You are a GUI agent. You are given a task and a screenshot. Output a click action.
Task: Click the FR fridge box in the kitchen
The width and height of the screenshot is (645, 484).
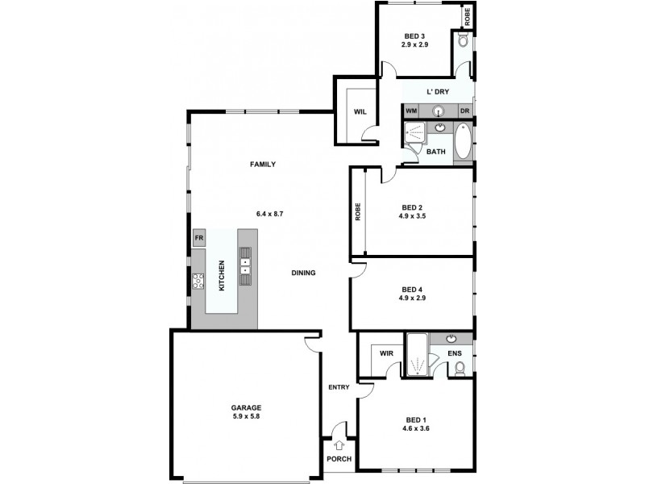click(x=198, y=239)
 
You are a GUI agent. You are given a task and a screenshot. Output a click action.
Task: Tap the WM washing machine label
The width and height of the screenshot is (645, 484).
click(x=411, y=111)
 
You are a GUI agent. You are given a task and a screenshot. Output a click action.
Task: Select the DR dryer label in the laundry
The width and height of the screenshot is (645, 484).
click(x=464, y=111)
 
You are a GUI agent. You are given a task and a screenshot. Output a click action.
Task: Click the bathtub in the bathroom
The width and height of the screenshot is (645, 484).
click(x=463, y=143)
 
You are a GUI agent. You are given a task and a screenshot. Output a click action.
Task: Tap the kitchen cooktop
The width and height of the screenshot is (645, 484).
click(x=198, y=281)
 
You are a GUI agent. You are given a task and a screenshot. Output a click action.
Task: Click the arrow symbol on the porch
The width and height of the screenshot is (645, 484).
click(x=339, y=444)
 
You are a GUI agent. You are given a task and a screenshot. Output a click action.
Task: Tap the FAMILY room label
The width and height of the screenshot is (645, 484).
click(x=263, y=165)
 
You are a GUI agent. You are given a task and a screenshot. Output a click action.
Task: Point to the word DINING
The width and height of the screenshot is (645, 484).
click(x=303, y=273)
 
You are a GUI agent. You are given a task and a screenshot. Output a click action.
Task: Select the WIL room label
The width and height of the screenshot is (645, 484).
click(x=360, y=112)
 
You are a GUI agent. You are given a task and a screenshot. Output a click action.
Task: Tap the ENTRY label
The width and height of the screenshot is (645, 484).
click(x=339, y=388)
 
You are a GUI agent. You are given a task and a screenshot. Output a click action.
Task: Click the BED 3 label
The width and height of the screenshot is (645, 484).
click(x=414, y=36)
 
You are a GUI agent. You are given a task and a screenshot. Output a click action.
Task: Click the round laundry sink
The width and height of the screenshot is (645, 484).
click(x=439, y=111)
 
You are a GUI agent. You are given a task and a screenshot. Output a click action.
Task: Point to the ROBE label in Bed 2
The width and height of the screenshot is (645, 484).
click(x=357, y=211)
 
